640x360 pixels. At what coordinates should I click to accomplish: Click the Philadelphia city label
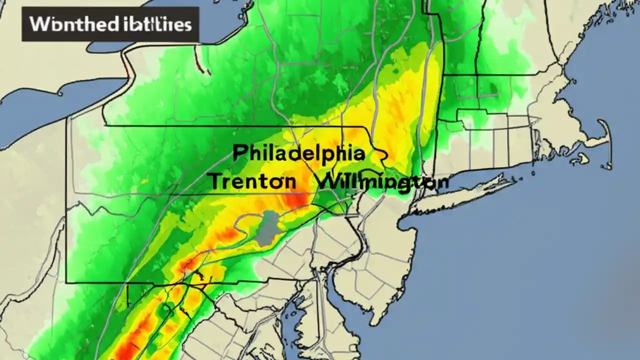298,153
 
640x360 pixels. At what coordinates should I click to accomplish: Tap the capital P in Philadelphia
238,153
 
